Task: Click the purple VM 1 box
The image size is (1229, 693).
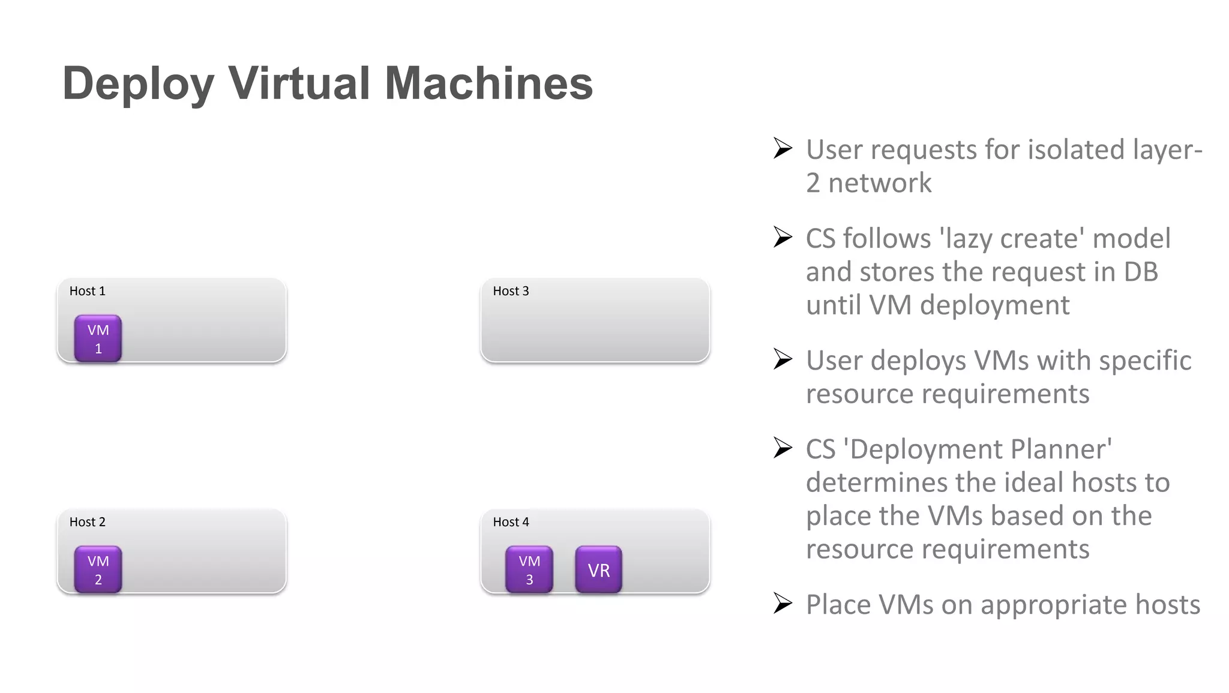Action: [98, 338]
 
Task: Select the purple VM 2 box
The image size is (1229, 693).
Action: [98, 569]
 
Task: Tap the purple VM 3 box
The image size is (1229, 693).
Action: [529, 569]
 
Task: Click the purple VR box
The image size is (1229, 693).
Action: [598, 569]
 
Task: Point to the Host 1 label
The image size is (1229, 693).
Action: [87, 291]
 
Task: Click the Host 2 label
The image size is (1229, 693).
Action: [87, 522]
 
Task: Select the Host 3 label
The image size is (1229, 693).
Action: [511, 291]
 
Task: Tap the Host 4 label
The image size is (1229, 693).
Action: [511, 522]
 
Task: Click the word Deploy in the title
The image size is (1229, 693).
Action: [138, 84]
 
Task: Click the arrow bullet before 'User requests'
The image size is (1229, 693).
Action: [783, 148]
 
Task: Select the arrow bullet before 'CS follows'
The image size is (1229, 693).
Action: [783, 237]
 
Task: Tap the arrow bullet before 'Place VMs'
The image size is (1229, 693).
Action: [783, 603]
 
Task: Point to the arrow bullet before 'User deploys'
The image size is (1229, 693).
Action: [783, 359]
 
